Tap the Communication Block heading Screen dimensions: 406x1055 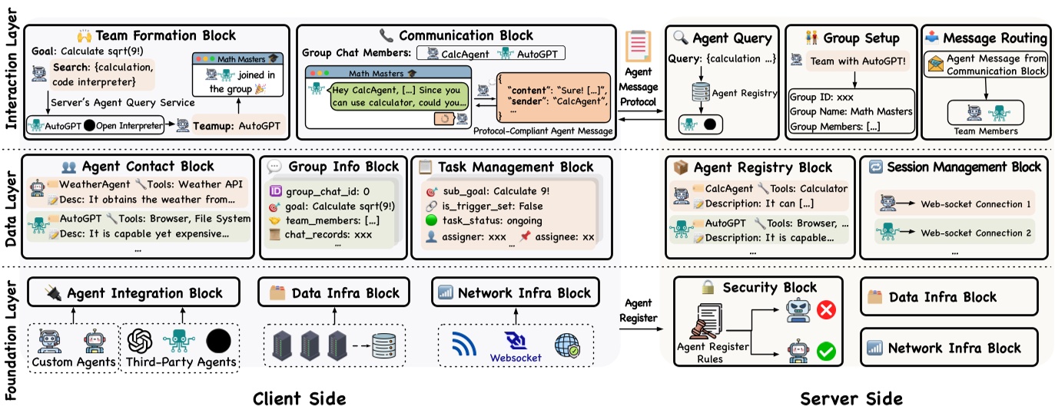[x=465, y=35]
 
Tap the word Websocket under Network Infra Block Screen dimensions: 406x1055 [x=516, y=357]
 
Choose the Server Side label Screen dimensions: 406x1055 [x=851, y=397]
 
